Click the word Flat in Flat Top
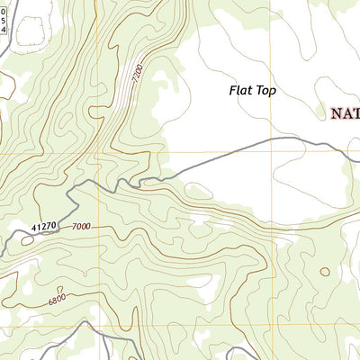240,90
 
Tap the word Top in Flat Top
264,90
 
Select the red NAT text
344,113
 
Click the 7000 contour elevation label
82,226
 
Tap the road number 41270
43,226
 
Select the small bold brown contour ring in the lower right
324,271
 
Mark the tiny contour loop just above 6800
59,287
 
